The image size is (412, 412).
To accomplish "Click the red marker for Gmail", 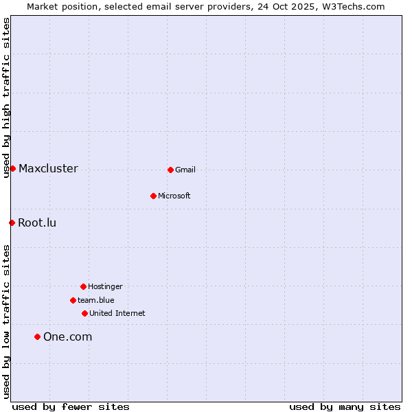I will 170,170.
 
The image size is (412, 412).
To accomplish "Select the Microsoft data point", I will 153,196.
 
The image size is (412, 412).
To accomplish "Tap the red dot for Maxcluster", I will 12,168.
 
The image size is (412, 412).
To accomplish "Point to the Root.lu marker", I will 12,222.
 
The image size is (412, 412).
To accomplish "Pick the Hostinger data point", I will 83,286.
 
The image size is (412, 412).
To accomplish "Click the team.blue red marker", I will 73,300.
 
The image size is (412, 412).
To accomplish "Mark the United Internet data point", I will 84,313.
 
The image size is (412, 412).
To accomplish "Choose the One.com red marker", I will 37,336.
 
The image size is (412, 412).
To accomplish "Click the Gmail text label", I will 185,170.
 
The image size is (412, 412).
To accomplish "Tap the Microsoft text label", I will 174,196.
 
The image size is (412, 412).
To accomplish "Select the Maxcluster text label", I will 48,168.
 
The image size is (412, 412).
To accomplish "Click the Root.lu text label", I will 37,222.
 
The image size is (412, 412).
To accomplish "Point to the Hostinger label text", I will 105,286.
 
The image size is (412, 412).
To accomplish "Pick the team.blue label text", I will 96,300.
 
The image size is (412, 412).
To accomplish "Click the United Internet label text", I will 117,313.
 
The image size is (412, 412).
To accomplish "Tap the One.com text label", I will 67,336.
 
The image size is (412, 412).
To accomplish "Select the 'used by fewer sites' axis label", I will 71,407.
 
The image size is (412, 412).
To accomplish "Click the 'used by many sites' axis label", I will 345,407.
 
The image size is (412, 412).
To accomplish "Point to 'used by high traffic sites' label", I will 6,98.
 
